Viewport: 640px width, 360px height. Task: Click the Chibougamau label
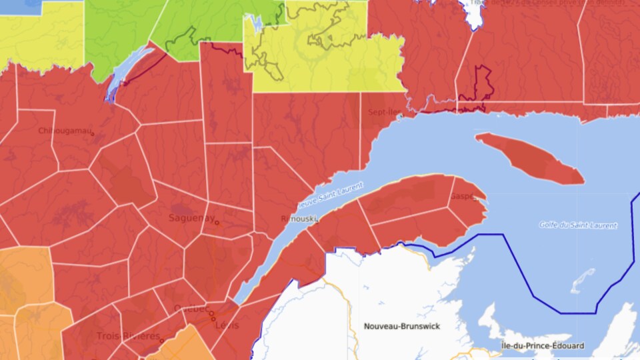click(65, 131)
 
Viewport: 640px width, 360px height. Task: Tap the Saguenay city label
click(191, 218)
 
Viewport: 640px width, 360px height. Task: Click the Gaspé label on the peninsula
click(462, 197)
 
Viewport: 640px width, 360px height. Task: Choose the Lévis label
click(226, 325)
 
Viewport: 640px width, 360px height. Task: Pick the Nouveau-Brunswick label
click(398, 326)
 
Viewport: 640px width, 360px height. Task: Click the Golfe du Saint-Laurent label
click(578, 225)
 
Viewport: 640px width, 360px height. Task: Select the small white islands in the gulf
click(583, 281)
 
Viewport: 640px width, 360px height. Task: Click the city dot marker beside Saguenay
click(217, 223)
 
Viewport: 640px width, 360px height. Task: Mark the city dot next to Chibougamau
click(93, 134)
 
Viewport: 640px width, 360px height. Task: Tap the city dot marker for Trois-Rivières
click(161, 340)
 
